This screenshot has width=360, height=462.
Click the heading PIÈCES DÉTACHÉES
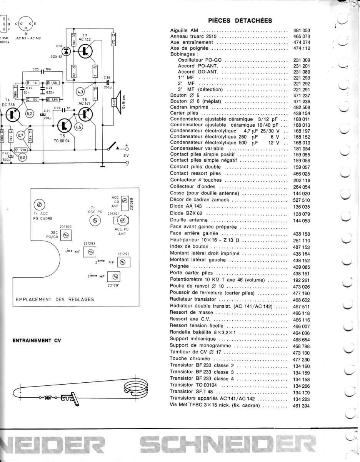point(240,20)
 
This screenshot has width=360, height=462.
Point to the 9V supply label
point(125,155)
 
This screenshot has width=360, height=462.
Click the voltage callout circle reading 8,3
point(22,157)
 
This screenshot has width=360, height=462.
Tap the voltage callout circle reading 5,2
point(30,114)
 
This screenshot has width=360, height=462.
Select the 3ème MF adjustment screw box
point(114,276)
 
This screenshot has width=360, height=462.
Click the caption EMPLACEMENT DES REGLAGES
point(55,299)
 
